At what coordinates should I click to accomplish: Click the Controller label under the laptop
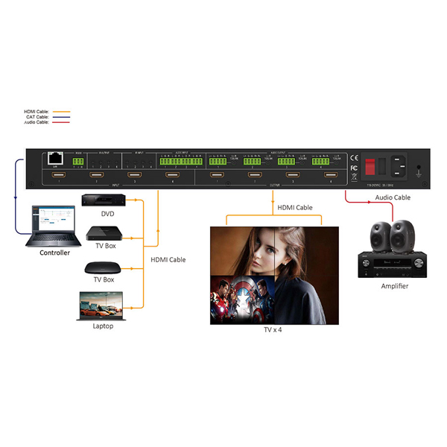click(x=55, y=253)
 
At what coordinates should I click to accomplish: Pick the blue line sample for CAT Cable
click(x=56, y=117)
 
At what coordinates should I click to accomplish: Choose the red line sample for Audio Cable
click(x=56, y=122)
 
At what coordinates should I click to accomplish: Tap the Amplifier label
click(x=393, y=286)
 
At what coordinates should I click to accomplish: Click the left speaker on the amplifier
click(x=376, y=238)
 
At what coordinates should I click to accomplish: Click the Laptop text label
click(x=104, y=326)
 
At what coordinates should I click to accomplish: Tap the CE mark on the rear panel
click(x=354, y=157)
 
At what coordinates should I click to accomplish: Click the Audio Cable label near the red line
click(x=393, y=199)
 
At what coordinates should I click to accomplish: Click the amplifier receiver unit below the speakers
click(x=392, y=264)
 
